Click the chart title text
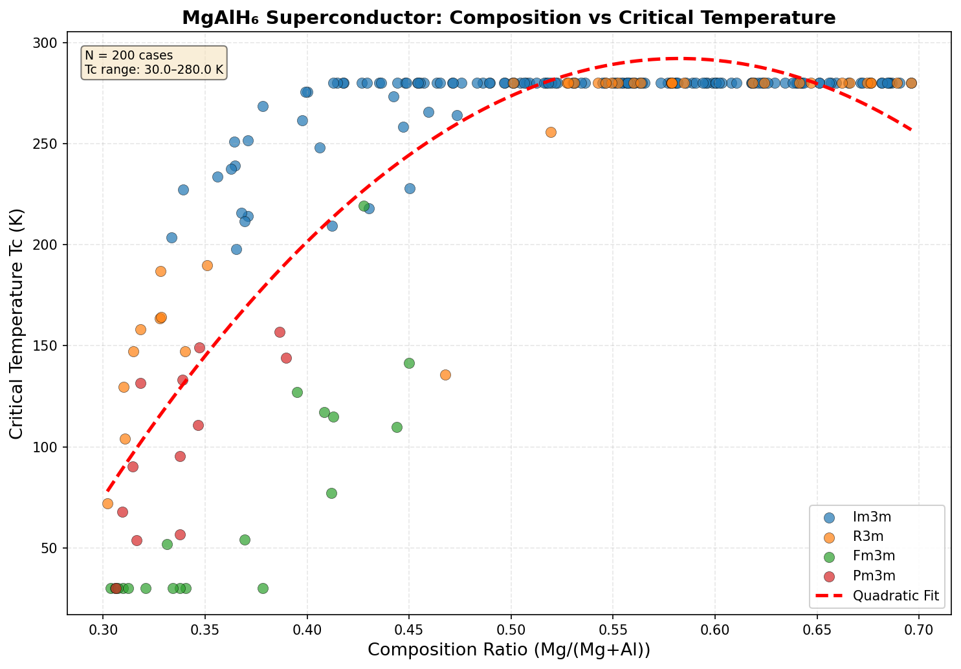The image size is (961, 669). pos(509,17)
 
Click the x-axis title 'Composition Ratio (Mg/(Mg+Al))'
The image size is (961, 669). pos(509,650)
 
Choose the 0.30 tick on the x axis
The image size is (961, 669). pos(102,627)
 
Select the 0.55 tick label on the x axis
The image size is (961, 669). pos(613,627)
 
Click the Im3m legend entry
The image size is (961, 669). pos(870,516)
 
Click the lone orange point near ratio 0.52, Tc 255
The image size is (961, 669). pos(551,132)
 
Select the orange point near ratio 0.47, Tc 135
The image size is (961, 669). pos(445,375)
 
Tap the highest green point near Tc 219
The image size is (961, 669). pos(364,206)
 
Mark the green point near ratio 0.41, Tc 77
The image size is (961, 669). pos(331,493)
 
